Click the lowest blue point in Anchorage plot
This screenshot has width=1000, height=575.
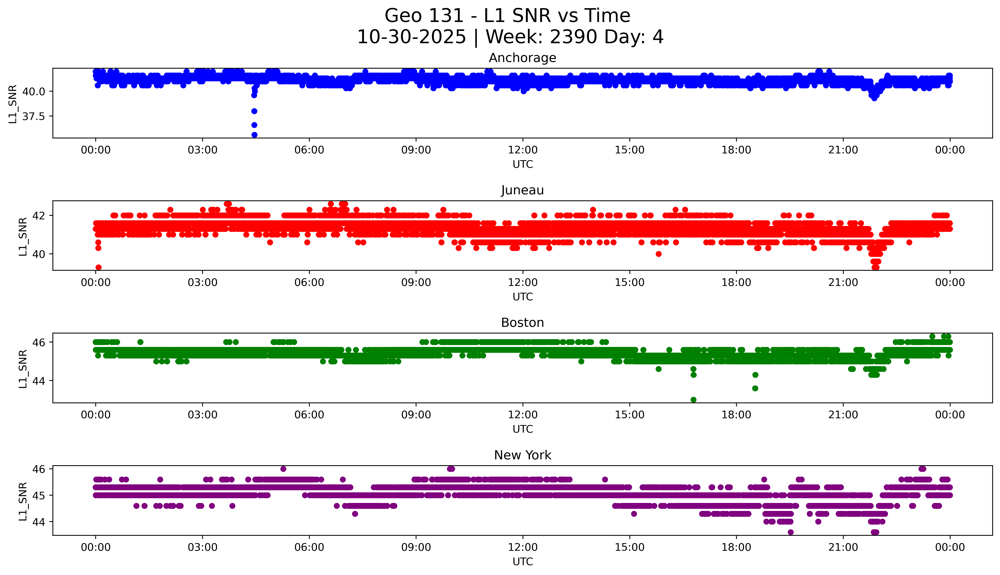254,135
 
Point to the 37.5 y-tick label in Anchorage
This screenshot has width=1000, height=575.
34,117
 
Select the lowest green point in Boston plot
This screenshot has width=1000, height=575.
693,400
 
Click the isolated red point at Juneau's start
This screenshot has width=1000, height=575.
99,267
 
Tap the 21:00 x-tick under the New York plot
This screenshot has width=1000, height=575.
843,547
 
